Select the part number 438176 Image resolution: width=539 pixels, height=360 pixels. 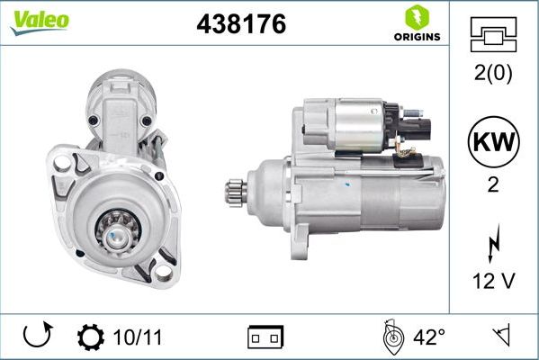click(240, 24)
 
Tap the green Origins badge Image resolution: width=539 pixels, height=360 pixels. click(415, 24)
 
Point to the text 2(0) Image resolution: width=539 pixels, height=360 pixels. click(494, 75)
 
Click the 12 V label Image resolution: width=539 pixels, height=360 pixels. click(494, 281)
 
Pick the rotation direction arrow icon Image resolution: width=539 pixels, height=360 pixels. click(37, 337)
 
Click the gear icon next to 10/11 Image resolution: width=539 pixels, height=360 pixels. click(92, 337)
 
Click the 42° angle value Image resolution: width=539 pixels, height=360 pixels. click(429, 337)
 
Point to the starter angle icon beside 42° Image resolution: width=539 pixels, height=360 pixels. click(391, 337)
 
